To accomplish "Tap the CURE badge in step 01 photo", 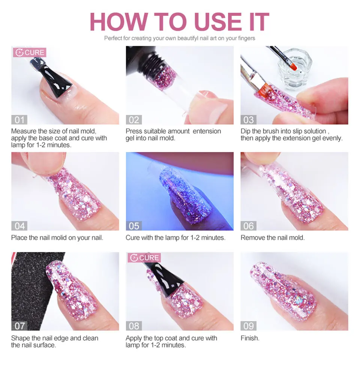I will (x=30, y=53).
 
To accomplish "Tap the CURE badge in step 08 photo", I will (x=144, y=258).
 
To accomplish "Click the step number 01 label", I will (x=19, y=120).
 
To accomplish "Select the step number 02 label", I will (x=134, y=120).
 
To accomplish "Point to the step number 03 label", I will (x=249, y=120).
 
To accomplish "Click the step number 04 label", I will (x=19, y=226).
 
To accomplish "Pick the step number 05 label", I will (x=134, y=226).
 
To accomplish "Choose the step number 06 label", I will (x=249, y=226).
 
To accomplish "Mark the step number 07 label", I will (x=19, y=325).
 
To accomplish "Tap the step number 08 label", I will (x=134, y=325).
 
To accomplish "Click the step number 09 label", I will (x=249, y=325).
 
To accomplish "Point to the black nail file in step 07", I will (x=28, y=285).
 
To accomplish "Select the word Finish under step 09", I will (x=250, y=338).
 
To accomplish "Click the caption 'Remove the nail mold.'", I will (x=273, y=238).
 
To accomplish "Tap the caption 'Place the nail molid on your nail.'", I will (x=57, y=238).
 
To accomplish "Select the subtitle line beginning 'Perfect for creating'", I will (x=180, y=38).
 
